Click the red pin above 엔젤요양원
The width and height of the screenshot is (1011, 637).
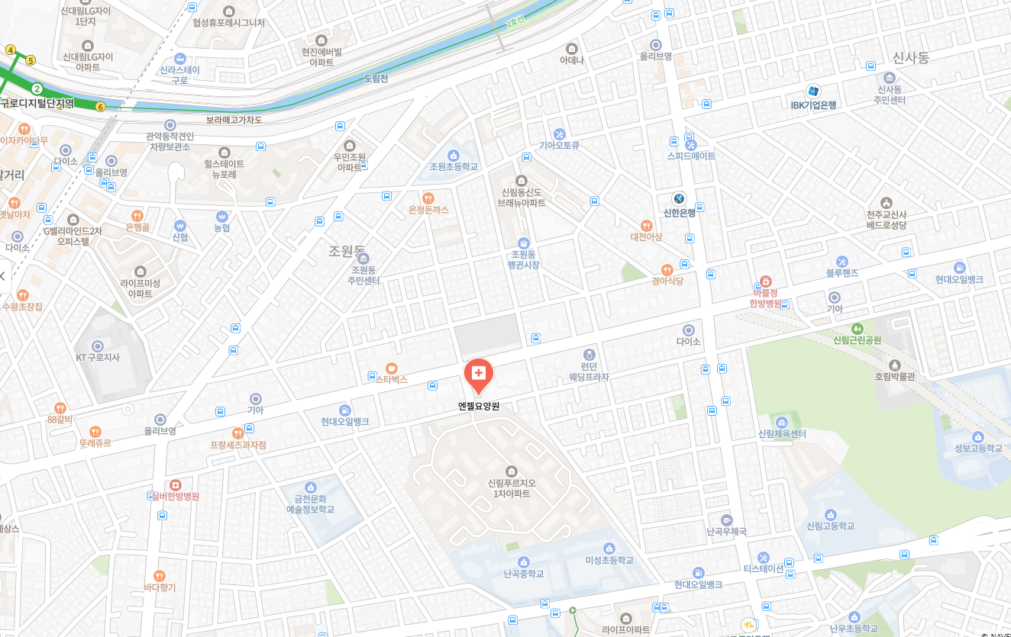click(479, 374)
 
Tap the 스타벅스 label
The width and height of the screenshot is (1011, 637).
click(392, 379)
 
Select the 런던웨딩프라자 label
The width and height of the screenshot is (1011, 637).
click(589, 372)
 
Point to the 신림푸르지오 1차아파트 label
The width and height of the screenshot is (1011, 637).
click(512, 488)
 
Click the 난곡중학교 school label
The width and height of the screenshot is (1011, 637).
click(524, 574)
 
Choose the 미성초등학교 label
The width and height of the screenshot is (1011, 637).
click(609, 560)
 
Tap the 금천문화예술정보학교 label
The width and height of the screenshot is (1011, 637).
click(310, 503)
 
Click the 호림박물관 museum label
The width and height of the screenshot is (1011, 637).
click(895, 376)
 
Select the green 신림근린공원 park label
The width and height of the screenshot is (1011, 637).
click(857, 340)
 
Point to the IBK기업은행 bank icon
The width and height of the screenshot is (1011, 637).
click(814, 91)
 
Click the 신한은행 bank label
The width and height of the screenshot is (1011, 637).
click(679, 213)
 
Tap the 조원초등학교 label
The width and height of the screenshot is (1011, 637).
click(454, 166)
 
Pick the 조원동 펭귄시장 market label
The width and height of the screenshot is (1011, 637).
click(523, 259)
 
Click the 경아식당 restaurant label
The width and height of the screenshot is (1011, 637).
click(667, 281)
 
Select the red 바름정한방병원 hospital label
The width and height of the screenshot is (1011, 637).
click(766, 298)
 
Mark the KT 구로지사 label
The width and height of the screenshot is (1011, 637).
click(98, 357)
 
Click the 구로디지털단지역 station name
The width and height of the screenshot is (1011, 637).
click(37, 104)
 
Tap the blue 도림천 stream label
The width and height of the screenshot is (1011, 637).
click(376, 79)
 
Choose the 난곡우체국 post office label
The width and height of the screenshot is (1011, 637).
click(726, 531)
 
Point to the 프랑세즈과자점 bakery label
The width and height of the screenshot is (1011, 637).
click(238, 445)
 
